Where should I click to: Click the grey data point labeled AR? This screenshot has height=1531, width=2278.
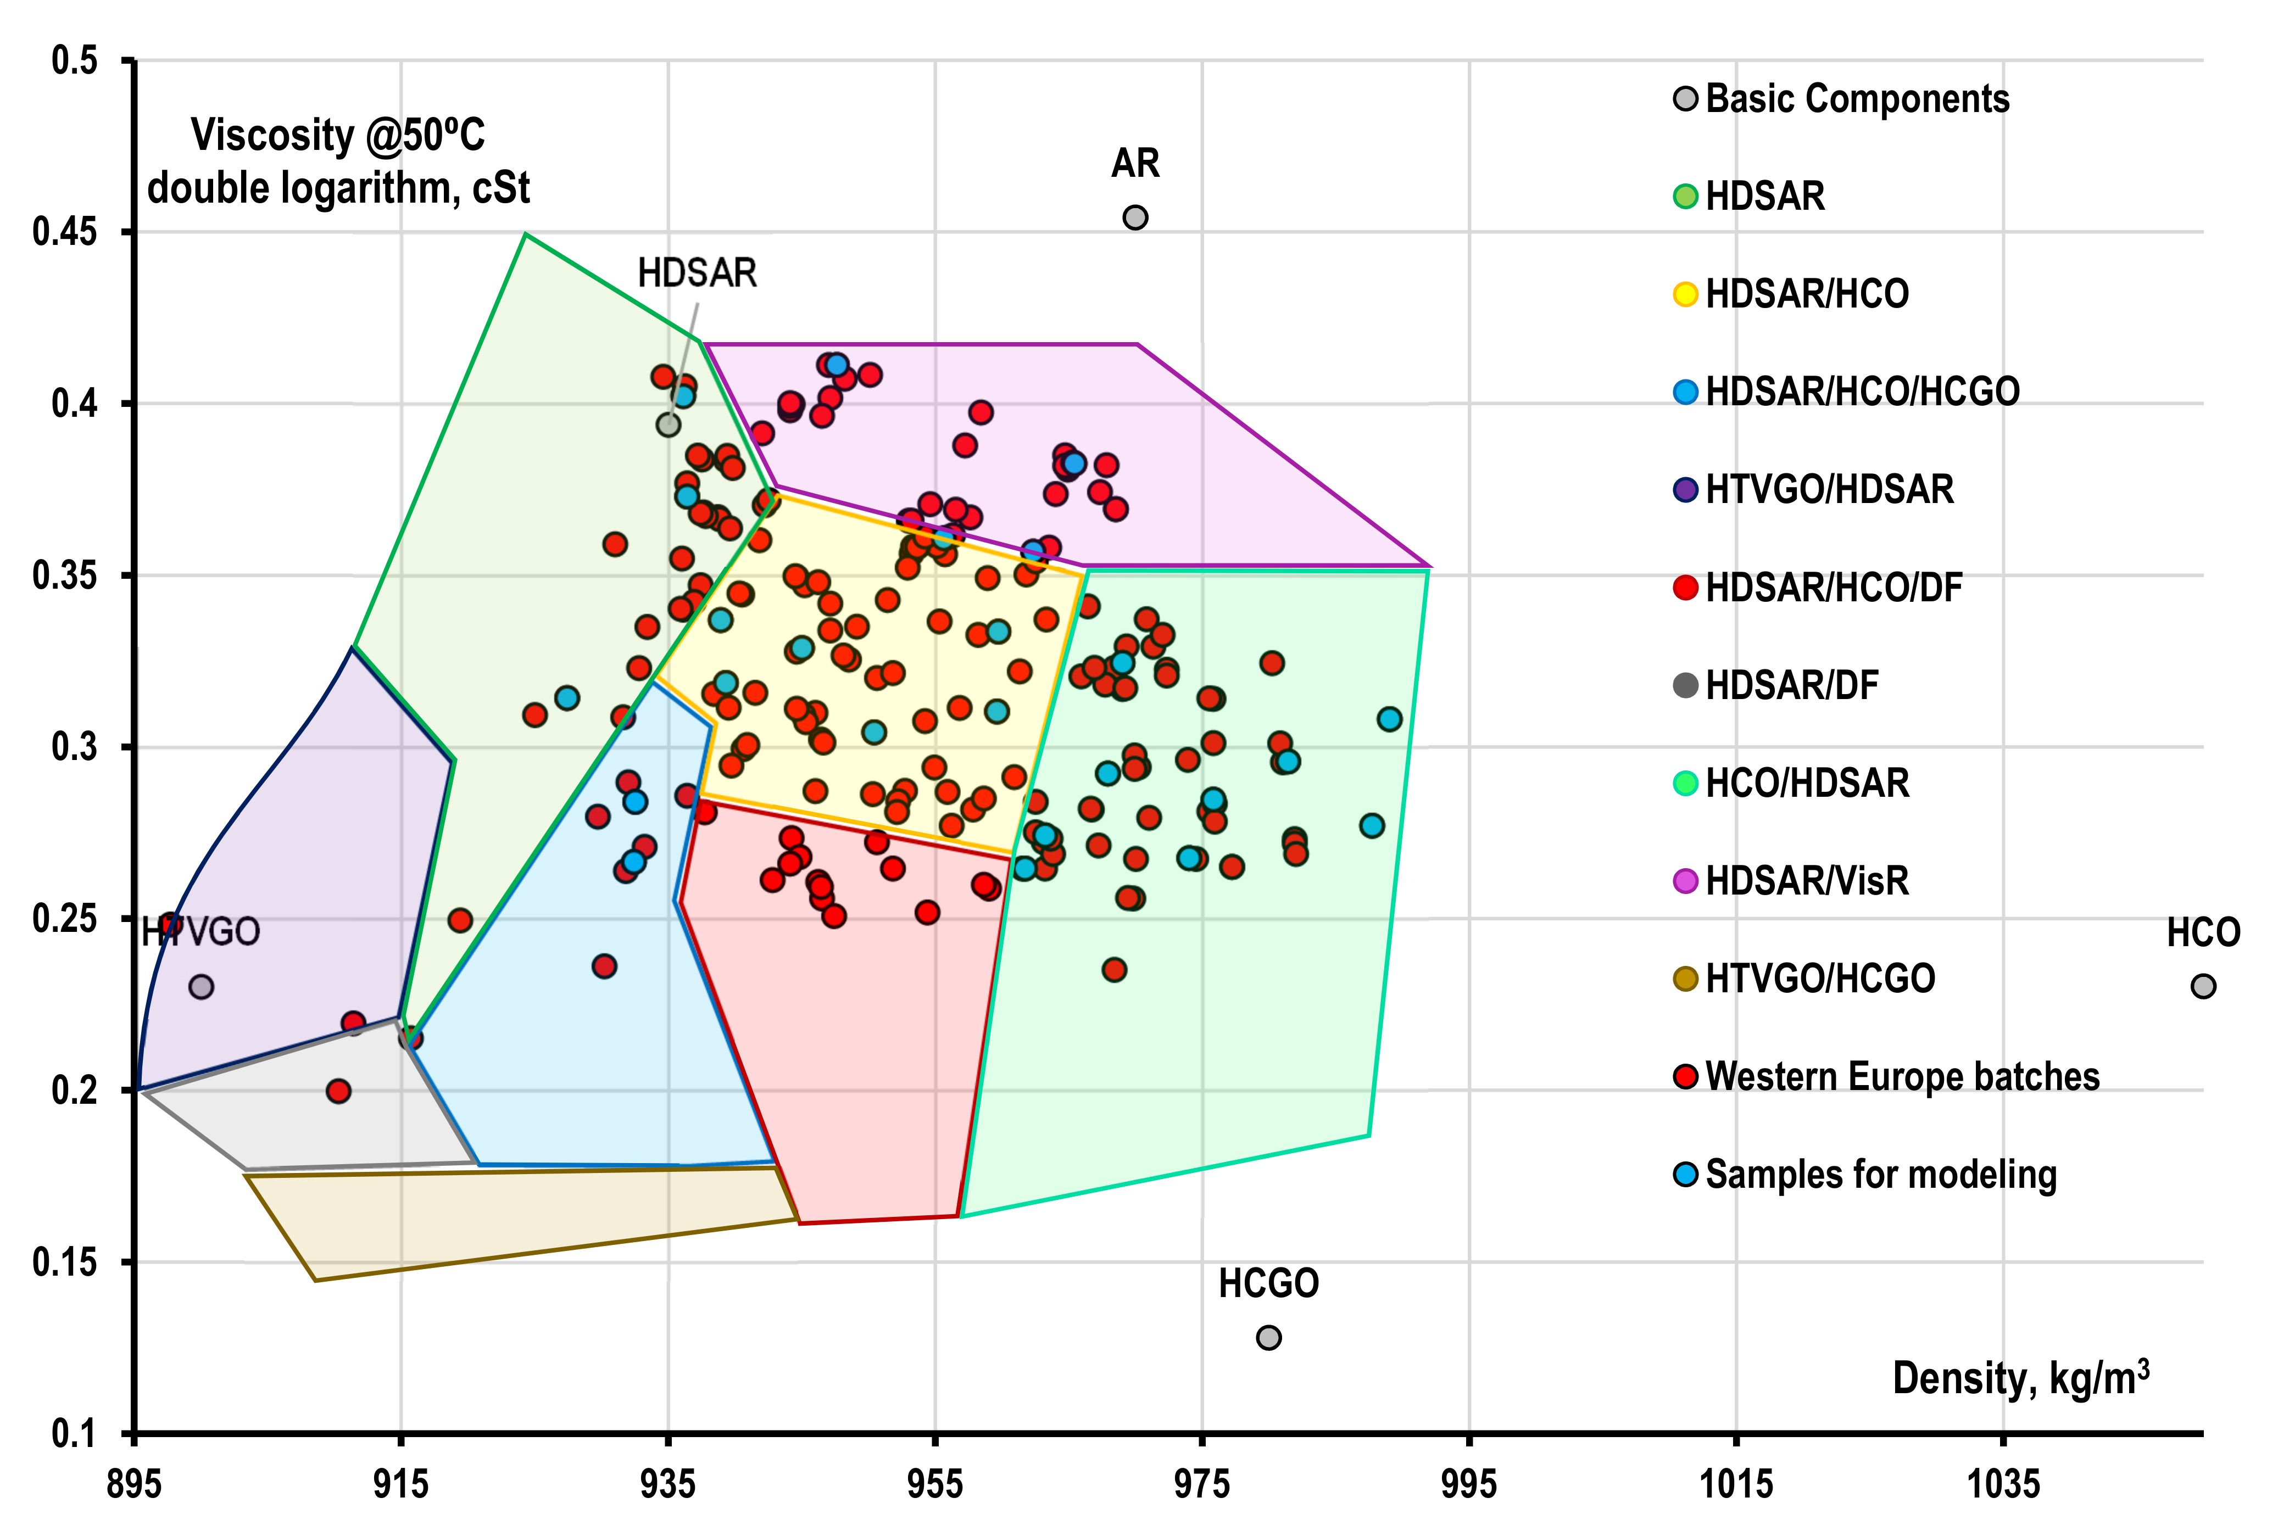pyautogui.click(x=1135, y=218)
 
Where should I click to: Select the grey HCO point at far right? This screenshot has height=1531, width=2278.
pyautogui.click(x=2203, y=986)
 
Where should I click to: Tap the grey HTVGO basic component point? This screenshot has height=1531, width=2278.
pyautogui.click(x=201, y=987)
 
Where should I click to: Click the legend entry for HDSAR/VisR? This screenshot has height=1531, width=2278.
pyautogui.click(x=1806, y=881)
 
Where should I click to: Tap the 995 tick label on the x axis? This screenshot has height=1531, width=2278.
pyautogui.click(x=1468, y=1485)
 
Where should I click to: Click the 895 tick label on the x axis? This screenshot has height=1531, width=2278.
pyautogui.click(x=134, y=1485)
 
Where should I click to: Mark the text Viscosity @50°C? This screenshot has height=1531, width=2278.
pyautogui.click(x=338, y=135)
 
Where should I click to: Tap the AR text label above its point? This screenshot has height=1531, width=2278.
pyautogui.click(x=1135, y=163)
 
